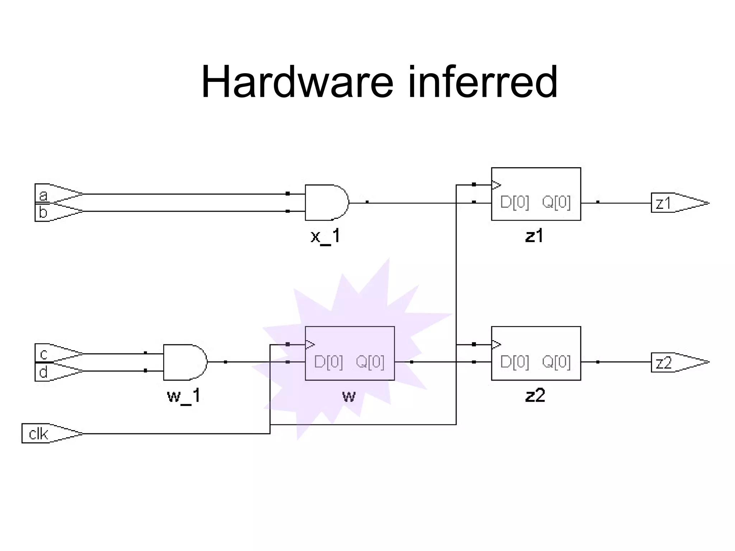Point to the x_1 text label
pyautogui.click(x=325, y=236)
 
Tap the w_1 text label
pyautogui.click(x=184, y=396)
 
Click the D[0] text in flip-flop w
pyautogui.click(x=328, y=362)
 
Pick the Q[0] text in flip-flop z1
pyautogui.click(x=556, y=202)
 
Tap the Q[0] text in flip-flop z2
pyautogui.click(x=556, y=362)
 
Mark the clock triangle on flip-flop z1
pyautogui.click(x=496, y=185)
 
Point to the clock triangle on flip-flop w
pyautogui.click(x=310, y=345)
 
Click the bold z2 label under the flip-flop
pyautogui.click(x=535, y=396)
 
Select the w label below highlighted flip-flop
pyautogui.click(x=349, y=396)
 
